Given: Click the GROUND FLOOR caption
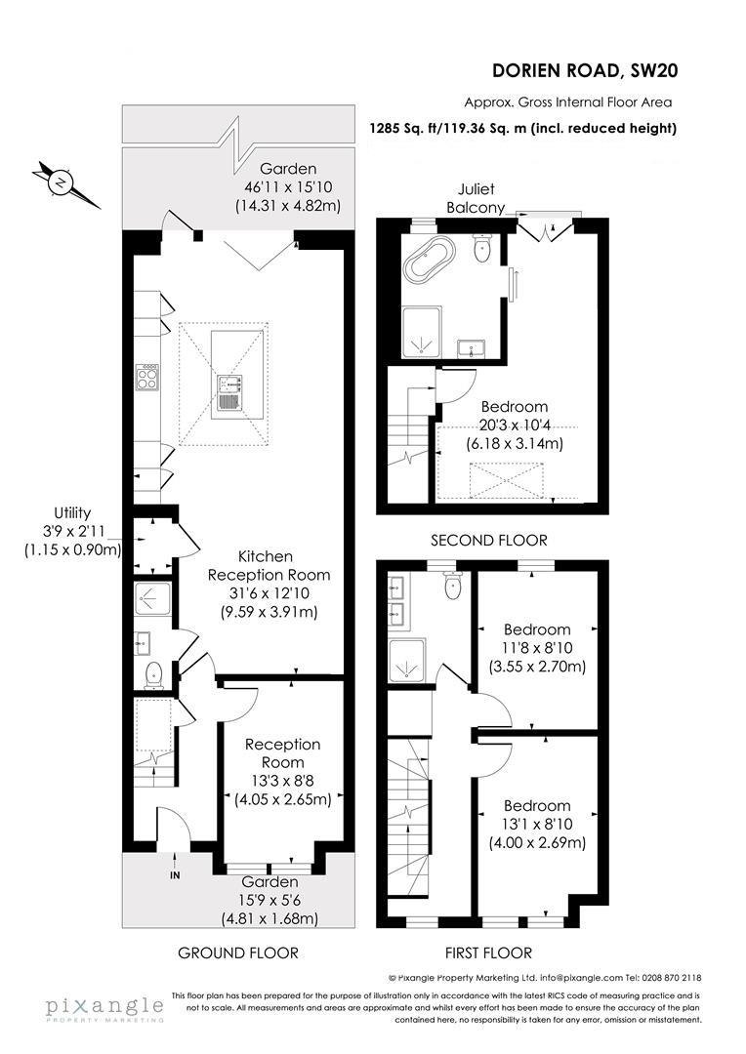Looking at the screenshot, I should pyautogui.click(x=237, y=953).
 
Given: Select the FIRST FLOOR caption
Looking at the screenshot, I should pyautogui.click(x=489, y=953).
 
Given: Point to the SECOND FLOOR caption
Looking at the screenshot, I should pyautogui.click(x=489, y=540).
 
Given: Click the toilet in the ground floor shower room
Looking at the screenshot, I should pyautogui.click(x=152, y=674).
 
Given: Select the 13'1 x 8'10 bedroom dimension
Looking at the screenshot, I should pyautogui.click(x=537, y=825).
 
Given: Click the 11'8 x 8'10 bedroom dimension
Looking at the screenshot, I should pyautogui.click(x=537, y=649).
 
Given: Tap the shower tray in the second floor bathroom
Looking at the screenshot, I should pyautogui.click(x=422, y=332).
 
